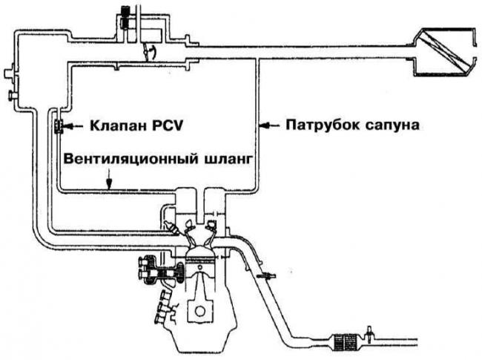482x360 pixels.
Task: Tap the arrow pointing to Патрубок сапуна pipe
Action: coord(271,127)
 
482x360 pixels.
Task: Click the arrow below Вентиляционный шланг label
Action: coord(110,179)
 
